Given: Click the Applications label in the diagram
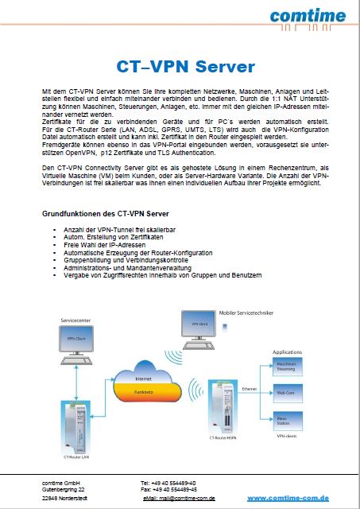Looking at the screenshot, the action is click(x=287, y=351).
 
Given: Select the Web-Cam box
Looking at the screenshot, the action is click(x=287, y=392).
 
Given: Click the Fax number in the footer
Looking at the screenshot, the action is click(x=168, y=489).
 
